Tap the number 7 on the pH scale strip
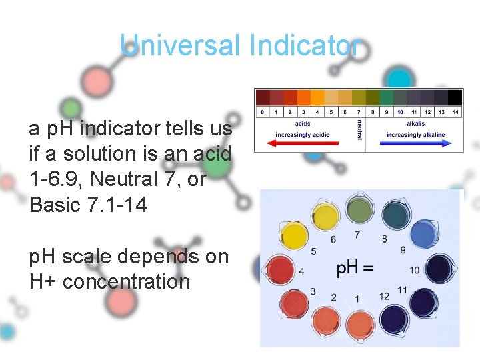point(359,112)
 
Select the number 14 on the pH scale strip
point(455,112)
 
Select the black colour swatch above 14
point(455,97)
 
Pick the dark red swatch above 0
point(262,97)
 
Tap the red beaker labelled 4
point(281,270)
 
